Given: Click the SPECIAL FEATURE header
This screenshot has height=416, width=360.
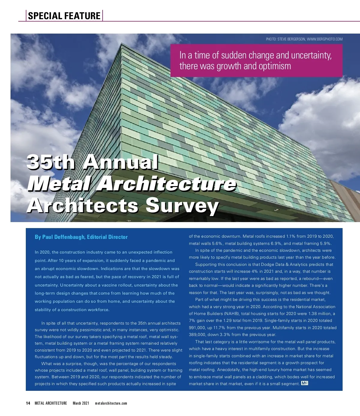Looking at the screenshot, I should click(x=64, y=16).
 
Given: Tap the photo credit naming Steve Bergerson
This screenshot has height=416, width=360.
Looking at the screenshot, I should click(x=304, y=39).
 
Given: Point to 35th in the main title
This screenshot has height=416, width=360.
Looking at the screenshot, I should click(x=51, y=162).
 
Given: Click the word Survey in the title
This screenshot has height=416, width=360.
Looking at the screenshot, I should click(x=182, y=206).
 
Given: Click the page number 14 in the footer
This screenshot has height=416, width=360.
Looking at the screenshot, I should click(x=28, y=403).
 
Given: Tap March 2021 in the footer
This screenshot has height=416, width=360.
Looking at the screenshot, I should click(x=81, y=403).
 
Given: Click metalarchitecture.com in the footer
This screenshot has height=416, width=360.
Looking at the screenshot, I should click(x=111, y=403).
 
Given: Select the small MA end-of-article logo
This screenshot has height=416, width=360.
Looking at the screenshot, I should click(x=304, y=383).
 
